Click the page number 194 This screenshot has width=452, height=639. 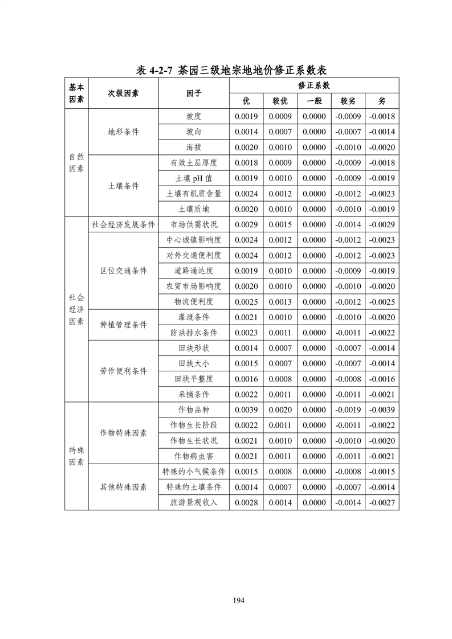238,600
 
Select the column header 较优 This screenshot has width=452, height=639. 280,101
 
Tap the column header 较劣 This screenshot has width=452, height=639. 348,101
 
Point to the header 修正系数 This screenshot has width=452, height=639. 313,85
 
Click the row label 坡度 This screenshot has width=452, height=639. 194,117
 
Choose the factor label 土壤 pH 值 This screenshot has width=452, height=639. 194,178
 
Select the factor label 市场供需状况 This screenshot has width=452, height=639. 194,224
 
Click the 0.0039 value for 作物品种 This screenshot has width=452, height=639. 246,410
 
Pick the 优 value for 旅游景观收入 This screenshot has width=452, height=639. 246,502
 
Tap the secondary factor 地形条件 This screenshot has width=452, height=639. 123,132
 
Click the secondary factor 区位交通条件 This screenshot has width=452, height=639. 123,271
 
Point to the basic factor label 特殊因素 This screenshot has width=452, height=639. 76,456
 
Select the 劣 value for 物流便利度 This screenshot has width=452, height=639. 382,301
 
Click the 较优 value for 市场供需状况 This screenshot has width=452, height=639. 280,224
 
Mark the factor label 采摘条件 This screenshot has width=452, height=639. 194,394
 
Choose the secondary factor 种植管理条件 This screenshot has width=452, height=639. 123,325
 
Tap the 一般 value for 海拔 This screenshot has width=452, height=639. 314,148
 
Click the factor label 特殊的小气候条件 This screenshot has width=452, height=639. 194,472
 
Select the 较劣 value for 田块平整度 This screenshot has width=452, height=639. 348,379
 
